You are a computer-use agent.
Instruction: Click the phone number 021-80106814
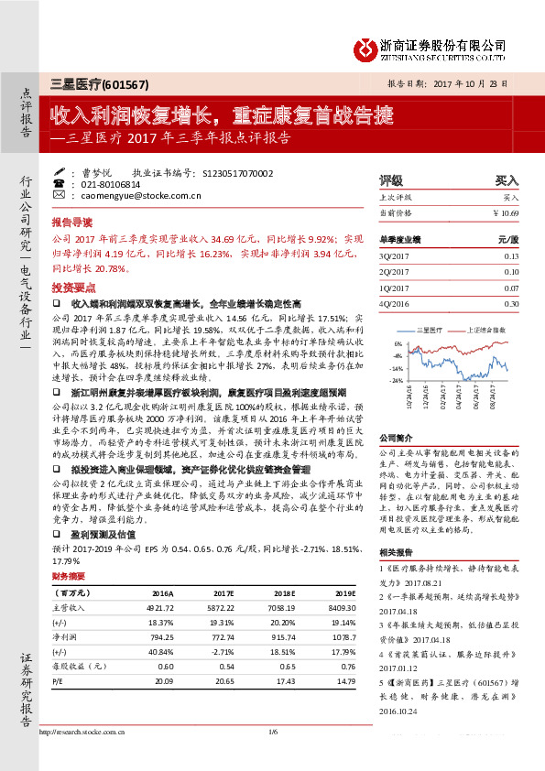pyautogui.click(x=110, y=183)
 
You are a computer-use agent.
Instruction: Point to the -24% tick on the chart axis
pyautogui.click(x=397, y=379)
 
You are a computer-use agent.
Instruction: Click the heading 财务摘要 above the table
pyautogui.click(x=69, y=577)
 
